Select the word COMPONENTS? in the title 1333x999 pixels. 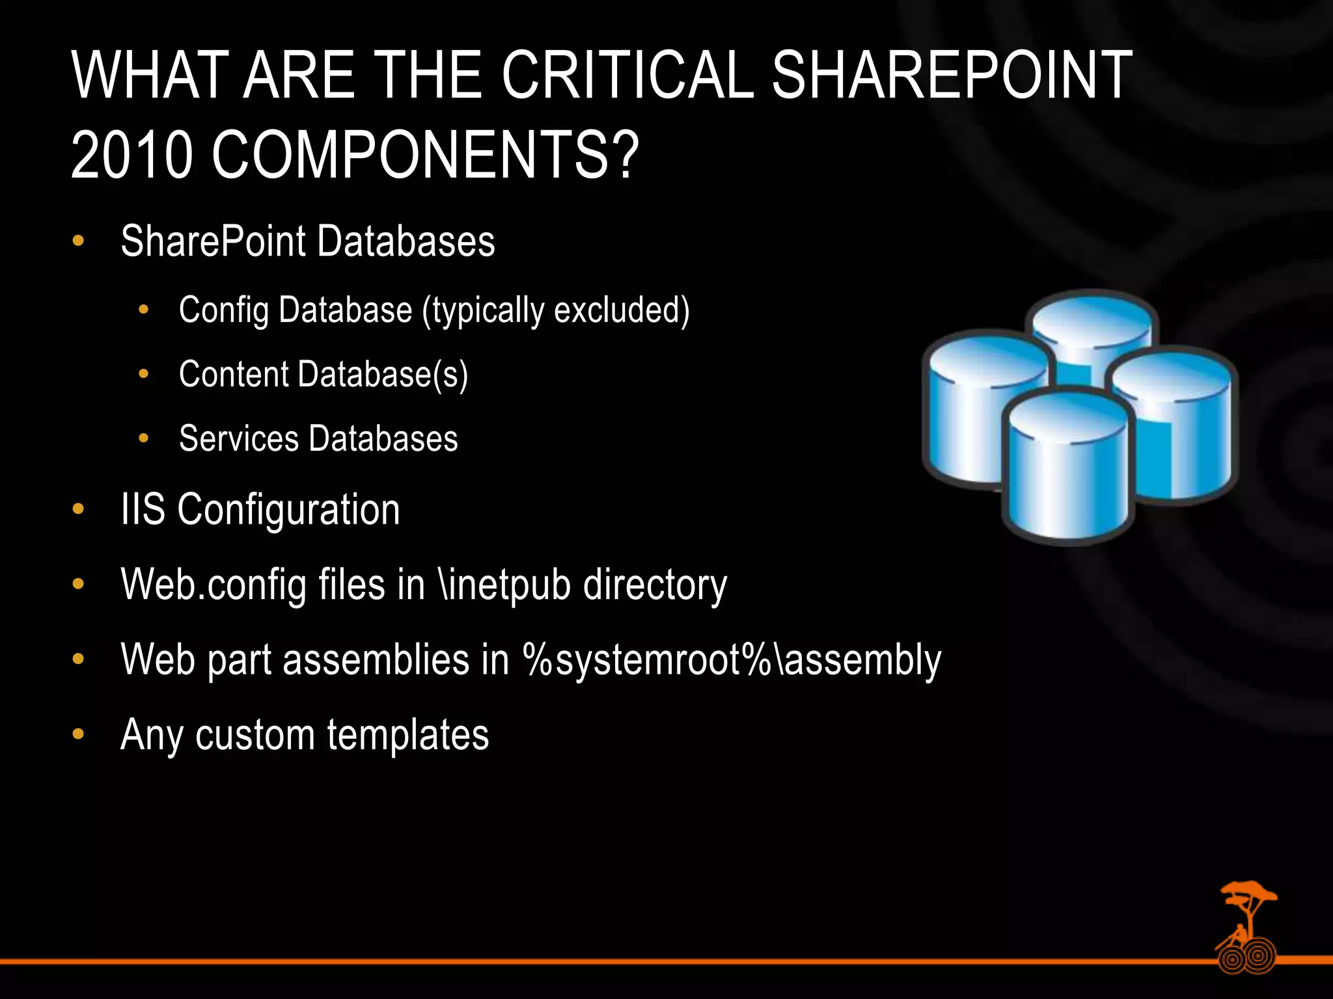tap(426, 155)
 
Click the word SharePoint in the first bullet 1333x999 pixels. tap(213, 241)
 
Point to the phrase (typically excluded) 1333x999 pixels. tap(556, 310)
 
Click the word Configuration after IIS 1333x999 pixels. tap(288, 510)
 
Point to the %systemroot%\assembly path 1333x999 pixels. tap(732, 659)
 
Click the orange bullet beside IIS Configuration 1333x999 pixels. tap(78, 509)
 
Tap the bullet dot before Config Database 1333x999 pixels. tap(144, 310)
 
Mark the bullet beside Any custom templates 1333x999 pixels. tap(78, 734)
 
